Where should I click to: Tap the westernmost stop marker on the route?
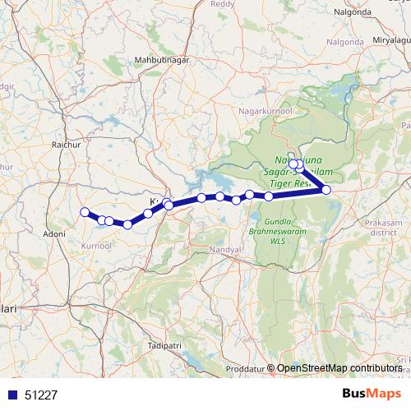[84, 213]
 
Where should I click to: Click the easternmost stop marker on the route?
[326, 190]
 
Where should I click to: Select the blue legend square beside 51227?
[12, 395]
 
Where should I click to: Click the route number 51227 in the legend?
[42, 395]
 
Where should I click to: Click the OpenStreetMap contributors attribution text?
[344, 368]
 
